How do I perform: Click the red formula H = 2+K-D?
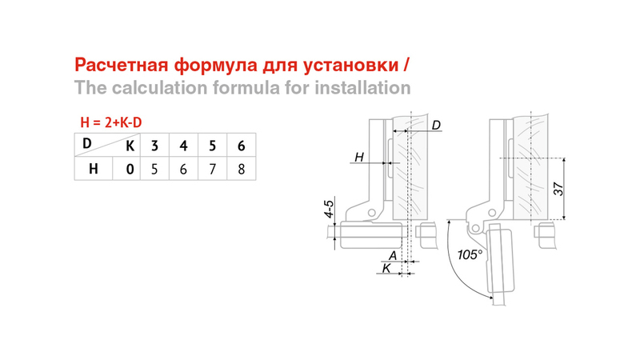[x=111, y=122]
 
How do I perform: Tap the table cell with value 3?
[x=154, y=146]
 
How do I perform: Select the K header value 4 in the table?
[x=183, y=146]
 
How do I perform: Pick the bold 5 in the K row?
[x=212, y=146]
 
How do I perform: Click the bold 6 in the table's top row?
[x=242, y=146]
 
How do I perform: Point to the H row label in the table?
[x=94, y=169]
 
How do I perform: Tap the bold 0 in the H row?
[x=130, y=169]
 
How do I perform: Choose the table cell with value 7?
[x=212, y=169]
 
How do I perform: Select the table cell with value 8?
[x=242, y=169]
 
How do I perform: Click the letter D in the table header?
[x=86, y=143]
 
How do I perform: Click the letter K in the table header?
[x=130, y=146]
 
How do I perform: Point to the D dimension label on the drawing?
[x=436, y=125]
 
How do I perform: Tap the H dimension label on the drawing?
[x=358, y=157]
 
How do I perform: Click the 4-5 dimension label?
[x=329, y=209]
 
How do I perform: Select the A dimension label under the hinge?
[x=393, y=255]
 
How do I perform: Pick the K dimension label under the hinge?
[x=386, y=268]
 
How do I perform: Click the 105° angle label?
[x=470, y=254]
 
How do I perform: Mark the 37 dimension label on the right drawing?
[x=558, y=189]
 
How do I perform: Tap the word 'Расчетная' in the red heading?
[x=122, y=65]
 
